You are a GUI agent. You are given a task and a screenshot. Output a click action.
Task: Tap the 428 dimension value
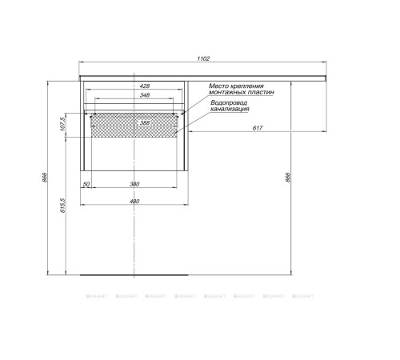[x=145, y=86]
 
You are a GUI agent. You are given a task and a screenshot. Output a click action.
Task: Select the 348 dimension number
[x=145, y=96]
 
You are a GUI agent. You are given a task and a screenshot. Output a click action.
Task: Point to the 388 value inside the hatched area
[x=145, y=122]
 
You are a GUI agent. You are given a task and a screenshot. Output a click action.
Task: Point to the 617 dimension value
[x=258, y=129]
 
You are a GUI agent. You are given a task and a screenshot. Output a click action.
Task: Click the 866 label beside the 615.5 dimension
[x=46, y=178]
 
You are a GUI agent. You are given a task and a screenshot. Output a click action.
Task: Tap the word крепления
[x=251, y=86]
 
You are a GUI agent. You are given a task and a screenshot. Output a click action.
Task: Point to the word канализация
[x=230, y=110]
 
